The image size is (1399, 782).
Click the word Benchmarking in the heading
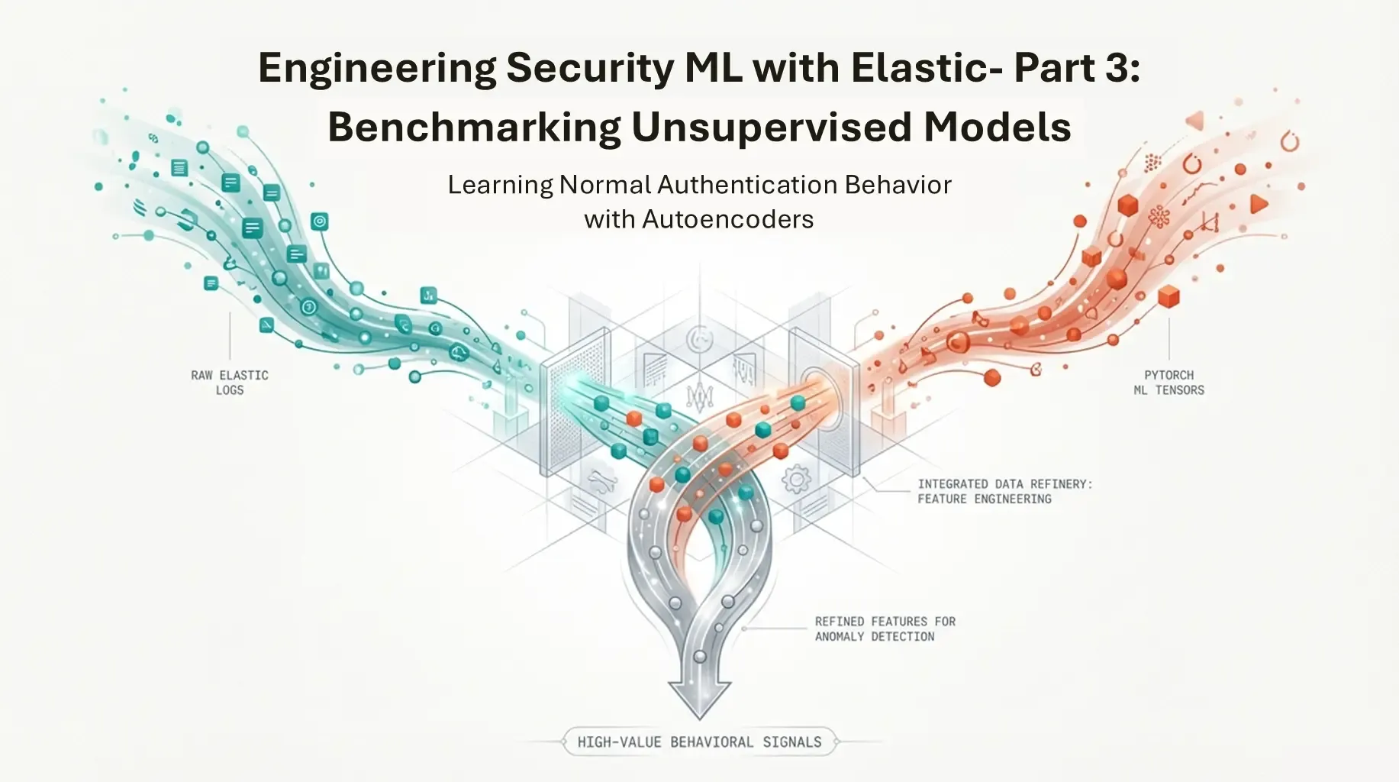473,128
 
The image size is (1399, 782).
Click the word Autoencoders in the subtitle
727,220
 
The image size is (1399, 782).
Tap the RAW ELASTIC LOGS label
230,383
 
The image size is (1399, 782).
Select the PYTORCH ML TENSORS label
1169,383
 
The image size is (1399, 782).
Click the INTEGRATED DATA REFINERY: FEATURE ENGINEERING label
1004,491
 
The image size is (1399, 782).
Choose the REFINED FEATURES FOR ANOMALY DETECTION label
885,629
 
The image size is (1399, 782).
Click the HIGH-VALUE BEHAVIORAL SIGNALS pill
699,742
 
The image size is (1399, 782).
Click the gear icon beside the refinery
797,480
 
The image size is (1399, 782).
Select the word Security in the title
590,69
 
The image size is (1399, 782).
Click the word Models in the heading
997,128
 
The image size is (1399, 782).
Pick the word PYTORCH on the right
1169,375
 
